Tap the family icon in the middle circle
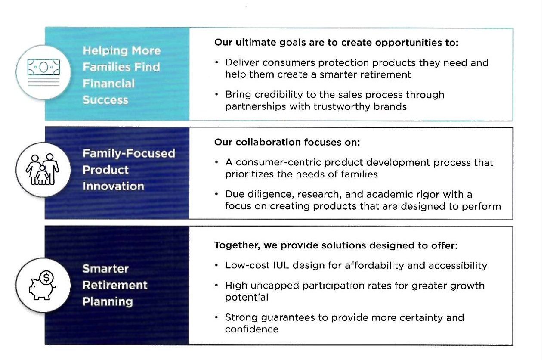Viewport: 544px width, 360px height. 42,169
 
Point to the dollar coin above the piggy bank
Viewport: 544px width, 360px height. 46,278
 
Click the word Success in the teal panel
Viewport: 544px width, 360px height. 105,100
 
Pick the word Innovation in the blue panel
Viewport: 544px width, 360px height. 114,186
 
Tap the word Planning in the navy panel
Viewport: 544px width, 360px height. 108,302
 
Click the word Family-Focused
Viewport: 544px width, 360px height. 129,154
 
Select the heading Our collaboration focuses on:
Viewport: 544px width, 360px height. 287,142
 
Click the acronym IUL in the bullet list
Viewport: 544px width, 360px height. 281,266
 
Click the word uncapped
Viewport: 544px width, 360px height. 275,286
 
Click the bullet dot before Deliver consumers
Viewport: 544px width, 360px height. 216,63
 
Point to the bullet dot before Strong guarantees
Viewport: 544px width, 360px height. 216,317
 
